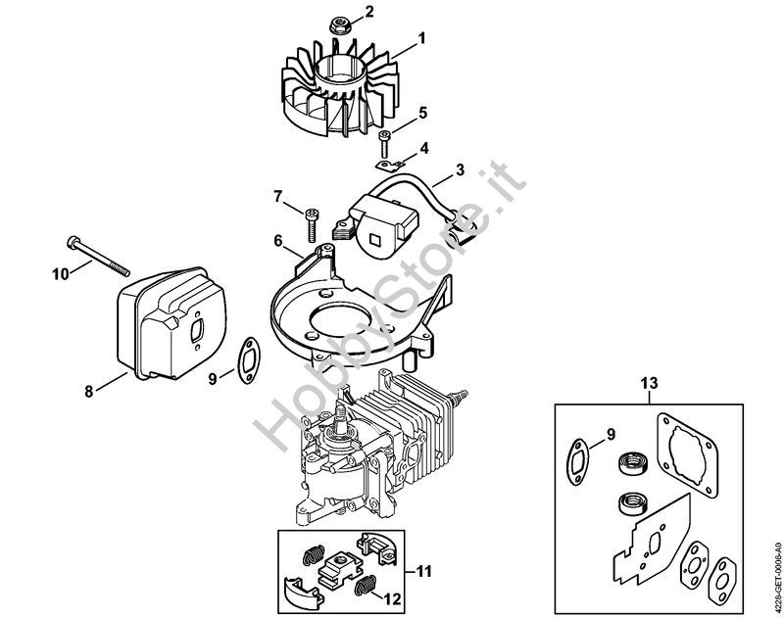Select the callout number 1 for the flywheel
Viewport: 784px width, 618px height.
pos(421,38)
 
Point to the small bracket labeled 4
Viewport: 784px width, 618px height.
pos(390,163)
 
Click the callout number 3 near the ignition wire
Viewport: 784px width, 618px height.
pos(460,169)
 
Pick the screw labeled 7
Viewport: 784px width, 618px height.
pos(311,226)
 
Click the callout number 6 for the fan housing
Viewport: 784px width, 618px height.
pos(278,240)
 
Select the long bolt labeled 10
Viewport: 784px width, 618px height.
pos(98,257)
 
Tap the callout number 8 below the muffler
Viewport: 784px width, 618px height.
pos(89,391)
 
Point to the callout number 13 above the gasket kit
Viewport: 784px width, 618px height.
pos(650,383)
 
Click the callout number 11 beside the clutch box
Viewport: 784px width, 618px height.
pos(423,571)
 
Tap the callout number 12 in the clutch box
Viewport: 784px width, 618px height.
pos(394,598)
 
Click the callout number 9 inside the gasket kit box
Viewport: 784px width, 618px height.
pos(611,435)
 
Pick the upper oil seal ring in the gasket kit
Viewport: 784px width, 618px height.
pos(633,462)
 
